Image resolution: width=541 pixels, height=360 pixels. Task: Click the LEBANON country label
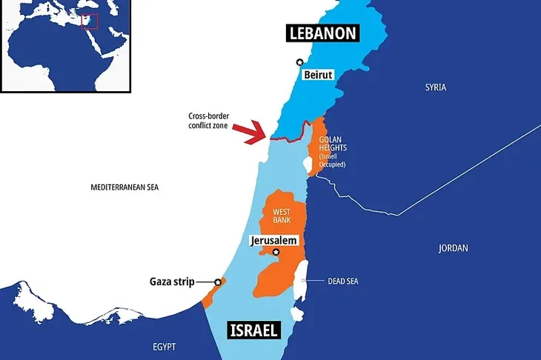click(x=324, y=33)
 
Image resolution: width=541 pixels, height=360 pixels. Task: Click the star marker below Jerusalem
click(x=276, y=253)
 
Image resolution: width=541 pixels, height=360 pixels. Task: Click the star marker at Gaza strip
click(x=218, y=281)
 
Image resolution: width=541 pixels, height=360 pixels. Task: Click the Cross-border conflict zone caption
click(x=212, y=120)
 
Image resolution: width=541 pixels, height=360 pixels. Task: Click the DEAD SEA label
click(x=344, y=281)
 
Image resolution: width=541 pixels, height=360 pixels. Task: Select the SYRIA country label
click(x=435, y=87)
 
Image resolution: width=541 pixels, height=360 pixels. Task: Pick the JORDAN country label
click(x=453, y=248)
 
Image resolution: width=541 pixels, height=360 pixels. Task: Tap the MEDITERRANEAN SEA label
click(x=125, y=187)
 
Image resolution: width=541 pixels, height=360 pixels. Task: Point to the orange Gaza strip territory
click(x=210, y=295)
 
